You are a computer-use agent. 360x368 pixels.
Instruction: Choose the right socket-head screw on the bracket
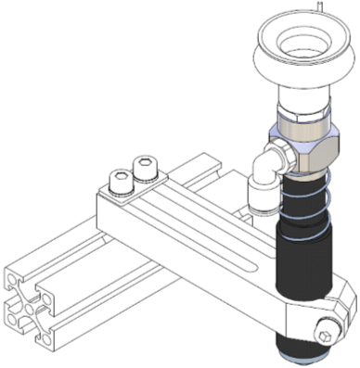pos(145,167)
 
